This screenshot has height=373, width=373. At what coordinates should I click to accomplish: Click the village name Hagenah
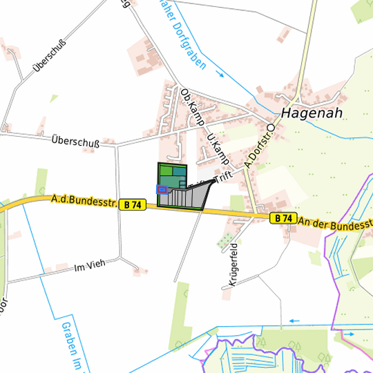point(312,114)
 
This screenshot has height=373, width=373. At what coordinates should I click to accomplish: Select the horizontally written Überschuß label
point(75,142)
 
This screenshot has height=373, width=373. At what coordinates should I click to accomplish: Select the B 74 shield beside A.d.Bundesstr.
point(133,205)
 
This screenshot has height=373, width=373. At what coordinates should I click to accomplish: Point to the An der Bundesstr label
point(336,224)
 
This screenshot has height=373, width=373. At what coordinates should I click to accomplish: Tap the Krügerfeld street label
point(232,265)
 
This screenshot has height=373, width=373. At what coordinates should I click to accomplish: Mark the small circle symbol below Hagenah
point(271,128)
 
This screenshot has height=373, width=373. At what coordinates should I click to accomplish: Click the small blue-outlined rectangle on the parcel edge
point(162,189)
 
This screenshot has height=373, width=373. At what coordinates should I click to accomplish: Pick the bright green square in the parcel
point(166,170)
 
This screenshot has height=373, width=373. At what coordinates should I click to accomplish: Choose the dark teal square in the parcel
point(179,171)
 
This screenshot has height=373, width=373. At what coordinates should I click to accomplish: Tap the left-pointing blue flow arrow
point(295,321)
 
